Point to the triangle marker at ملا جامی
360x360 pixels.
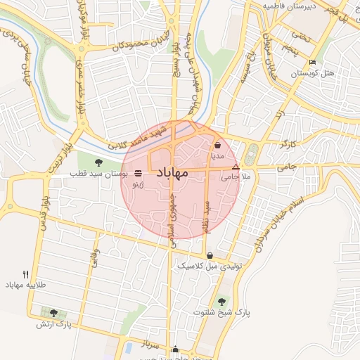click(x=236, y=167)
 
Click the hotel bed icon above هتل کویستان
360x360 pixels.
click(x=313, y=63)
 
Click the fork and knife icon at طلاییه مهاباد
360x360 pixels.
click(x=26, y=274)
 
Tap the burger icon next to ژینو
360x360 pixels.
click(x=136, y=172)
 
